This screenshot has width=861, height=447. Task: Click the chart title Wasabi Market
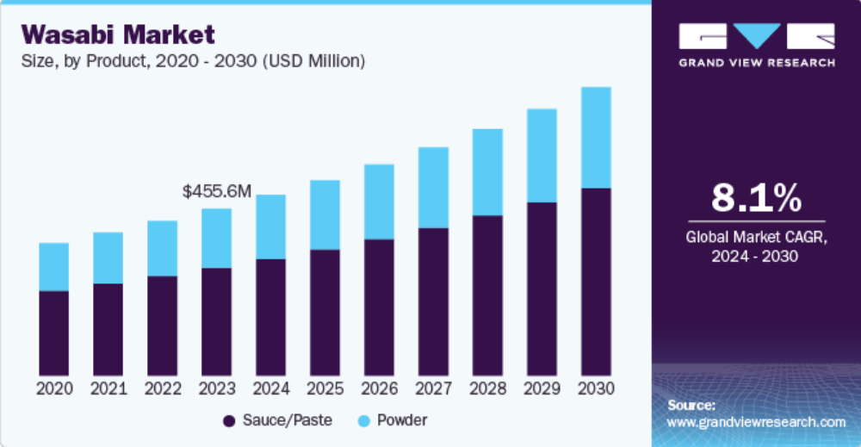click(118, 34)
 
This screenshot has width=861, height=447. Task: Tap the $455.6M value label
click(217, 191)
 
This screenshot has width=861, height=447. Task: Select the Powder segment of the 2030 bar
click(595, 138)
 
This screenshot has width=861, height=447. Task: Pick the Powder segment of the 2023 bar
click(216, 239)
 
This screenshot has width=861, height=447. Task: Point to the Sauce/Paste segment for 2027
click(432, 301)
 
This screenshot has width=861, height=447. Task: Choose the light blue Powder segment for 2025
click(325, 215)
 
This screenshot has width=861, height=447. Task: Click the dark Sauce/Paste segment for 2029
click(541, 288)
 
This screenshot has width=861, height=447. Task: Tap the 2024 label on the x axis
click(270, 388)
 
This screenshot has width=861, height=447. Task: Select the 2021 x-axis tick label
click(108, 388)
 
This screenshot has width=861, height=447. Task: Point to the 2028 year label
click(487, 388)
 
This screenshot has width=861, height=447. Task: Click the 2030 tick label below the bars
click(596, 388)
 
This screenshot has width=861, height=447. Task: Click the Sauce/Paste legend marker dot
click(229, 421)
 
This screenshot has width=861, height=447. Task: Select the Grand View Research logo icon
click(756, 35)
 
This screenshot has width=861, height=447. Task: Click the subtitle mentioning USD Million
click(193, 61)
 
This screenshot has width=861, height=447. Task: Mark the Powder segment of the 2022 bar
click(162, 249)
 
